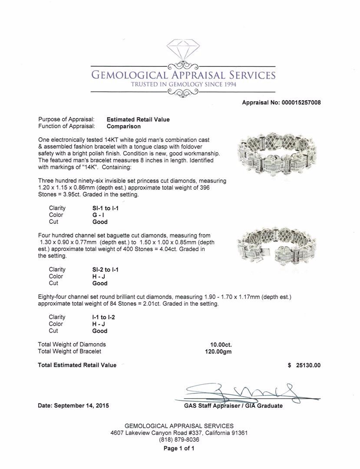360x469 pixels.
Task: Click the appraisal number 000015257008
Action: (299, 102)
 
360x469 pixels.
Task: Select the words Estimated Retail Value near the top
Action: (138, 119)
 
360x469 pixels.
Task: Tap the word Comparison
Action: (124, 126)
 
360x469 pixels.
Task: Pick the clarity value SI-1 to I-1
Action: (103, 208)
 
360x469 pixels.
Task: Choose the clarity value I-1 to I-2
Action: (101, 317)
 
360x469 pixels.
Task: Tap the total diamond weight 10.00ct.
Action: (221, 345)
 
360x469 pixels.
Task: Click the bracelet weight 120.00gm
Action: (218, 352)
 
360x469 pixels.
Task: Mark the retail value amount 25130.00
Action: (308, 365)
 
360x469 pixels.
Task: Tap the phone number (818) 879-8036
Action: (179, 439)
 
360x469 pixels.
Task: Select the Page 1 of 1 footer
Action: (179, 449)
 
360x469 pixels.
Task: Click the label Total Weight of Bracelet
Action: (69, 351)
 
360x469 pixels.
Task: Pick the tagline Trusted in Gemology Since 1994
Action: (183, 84)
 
